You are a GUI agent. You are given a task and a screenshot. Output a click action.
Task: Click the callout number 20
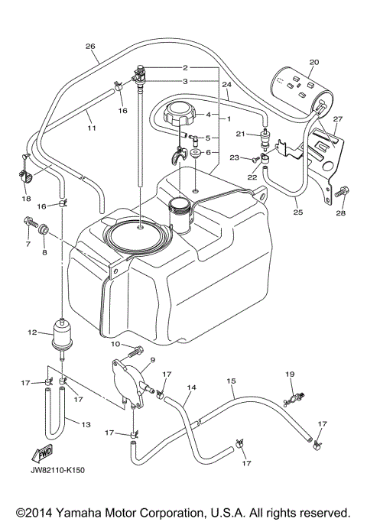point(314,62)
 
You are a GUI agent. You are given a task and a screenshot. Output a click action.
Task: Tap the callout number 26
point(90,47)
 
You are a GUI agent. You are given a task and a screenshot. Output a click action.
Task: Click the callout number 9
point(151,360)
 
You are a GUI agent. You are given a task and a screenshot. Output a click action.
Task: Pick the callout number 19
point(290,374)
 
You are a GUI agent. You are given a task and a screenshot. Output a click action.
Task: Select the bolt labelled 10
point(138,352)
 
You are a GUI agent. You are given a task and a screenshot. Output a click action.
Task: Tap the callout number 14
point(191,388)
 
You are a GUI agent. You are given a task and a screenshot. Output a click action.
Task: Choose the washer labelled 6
point(196,153)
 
